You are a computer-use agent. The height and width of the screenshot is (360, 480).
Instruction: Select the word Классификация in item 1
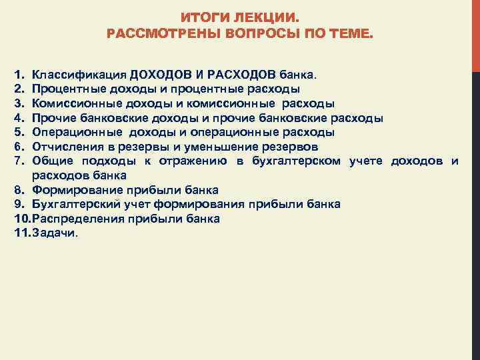[79, 73]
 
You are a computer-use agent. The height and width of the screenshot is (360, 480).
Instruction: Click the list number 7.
[18, 161]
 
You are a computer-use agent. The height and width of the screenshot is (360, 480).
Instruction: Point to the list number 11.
[21, 233]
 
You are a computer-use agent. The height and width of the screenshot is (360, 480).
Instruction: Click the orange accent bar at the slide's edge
[475, 33]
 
